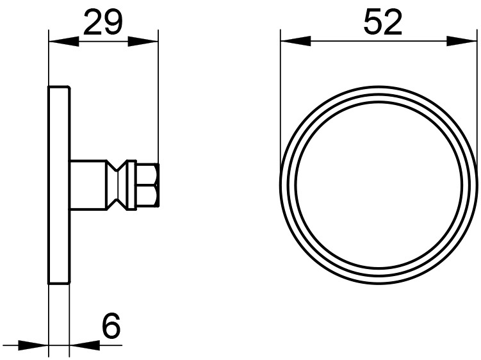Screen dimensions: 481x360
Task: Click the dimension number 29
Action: (x=102, y=22)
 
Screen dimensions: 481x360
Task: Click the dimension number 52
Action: (x=382, y=22)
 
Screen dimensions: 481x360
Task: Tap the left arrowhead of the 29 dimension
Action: (x=64, y=42)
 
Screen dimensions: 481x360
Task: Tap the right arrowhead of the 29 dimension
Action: (x=143, y=42)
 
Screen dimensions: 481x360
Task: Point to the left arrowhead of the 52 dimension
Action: (x=296, y=42)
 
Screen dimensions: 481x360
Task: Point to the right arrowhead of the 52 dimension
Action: (x=462, y=42)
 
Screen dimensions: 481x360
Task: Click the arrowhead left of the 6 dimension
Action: (x=33, y=345)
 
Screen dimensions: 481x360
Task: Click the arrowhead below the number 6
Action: (x=85, y=345)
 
